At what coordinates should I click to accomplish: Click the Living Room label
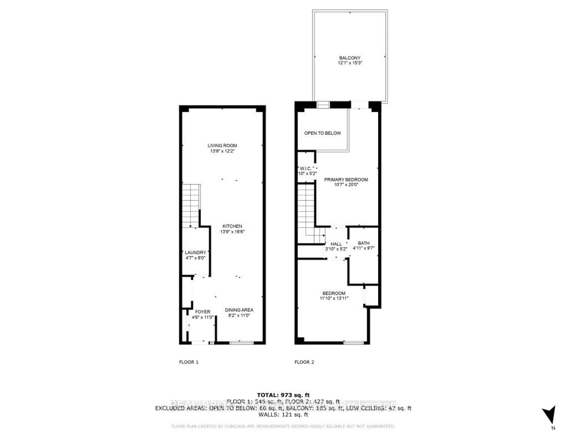(222, 146)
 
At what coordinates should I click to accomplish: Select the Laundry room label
(195, 252)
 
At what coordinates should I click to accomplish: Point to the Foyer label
(202, 312)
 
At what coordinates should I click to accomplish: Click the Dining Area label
(239, 310)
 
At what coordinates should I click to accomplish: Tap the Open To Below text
(322, 133)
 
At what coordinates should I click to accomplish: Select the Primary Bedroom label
(346, 180)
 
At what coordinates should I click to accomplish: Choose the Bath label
(364, 243)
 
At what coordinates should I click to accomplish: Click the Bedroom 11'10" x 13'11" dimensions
(334, 298)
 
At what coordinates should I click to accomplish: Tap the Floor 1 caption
(189, 362)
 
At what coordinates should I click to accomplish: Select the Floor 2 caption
(304, 362)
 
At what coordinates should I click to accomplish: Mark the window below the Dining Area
(242, 343)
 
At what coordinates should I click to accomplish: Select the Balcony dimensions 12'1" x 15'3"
(350, 63)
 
